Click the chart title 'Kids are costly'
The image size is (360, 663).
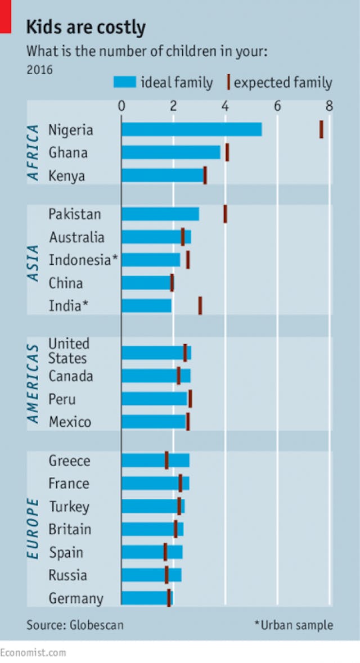coord(85,27)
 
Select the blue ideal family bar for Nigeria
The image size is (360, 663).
coord(191,129)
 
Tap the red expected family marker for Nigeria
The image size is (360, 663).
coord(321,129)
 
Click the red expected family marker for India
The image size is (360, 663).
coord(200,305)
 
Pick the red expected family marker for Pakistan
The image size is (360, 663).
coord(225,214)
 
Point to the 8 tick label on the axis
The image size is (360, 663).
coord(329,106)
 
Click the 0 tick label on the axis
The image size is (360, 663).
coord(121,106)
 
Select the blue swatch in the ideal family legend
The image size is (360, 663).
coord(124,83)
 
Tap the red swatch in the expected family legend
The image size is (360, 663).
coord(228,83)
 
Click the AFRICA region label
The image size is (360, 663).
coord(34,152)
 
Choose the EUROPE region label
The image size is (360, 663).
coord(34,529)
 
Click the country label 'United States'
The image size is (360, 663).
coord(68,351)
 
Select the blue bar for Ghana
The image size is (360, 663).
coord(171,152)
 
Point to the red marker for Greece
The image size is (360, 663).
coord(166,460)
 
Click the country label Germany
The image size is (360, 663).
coord(76,598)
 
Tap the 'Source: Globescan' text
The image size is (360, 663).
coord(75,625)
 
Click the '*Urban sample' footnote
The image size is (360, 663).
coord(293,625)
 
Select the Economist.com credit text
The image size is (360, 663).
coord(33,652)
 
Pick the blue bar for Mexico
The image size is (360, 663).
coord(154,422)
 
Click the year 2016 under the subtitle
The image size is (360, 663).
coord(39,70)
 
